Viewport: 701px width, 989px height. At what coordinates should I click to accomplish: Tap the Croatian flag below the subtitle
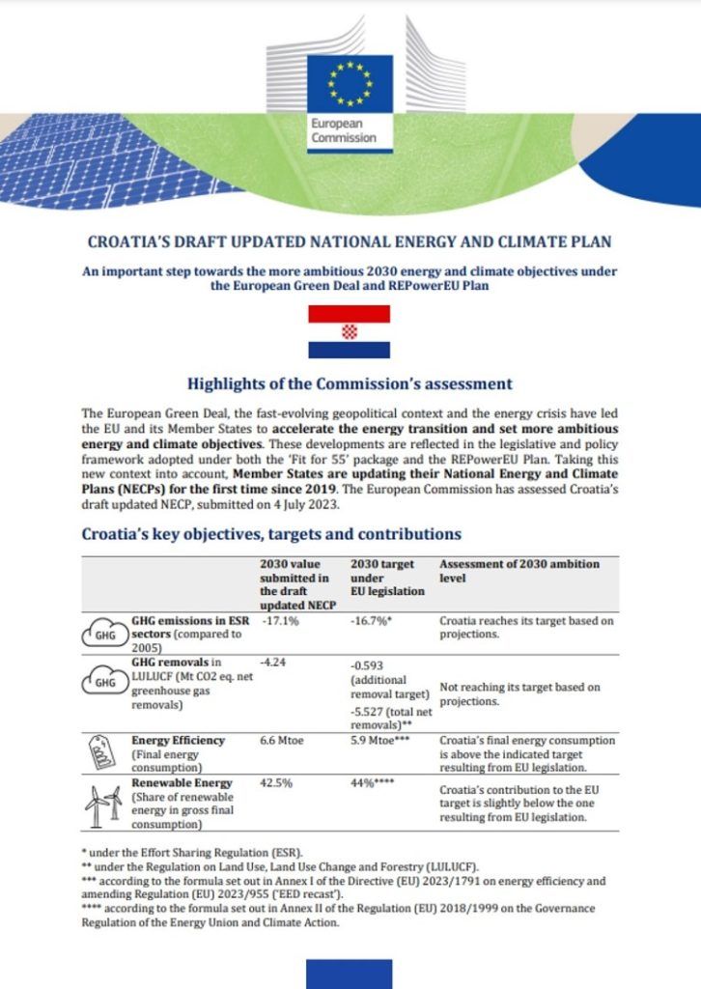[x=349, y=331]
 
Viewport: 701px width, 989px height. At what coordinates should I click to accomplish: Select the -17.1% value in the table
[x=280, y=622]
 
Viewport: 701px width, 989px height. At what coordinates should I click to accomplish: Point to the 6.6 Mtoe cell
[x=284, y=741]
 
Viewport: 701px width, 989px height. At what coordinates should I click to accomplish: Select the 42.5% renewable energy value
[x=278, y=783]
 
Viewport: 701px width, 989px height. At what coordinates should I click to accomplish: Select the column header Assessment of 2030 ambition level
[x=519, y=570]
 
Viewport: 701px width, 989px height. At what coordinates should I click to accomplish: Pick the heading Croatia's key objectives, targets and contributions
[x=271, y=533]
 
